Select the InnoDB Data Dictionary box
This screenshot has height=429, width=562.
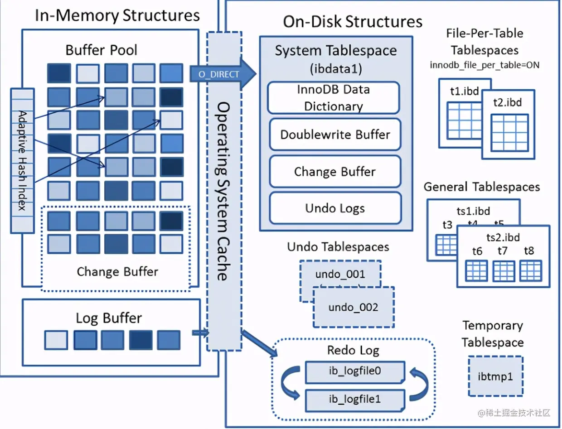(334, 97)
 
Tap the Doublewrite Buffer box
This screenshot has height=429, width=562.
(335, 135)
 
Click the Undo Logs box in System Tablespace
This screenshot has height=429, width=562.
(335, 208)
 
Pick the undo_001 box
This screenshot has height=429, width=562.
(340, 274)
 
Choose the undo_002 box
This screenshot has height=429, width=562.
(353, 307)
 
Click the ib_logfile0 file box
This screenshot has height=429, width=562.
(354, 371)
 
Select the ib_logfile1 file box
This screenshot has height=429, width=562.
(354, 399)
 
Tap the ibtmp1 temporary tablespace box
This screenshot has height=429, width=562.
(495, 376)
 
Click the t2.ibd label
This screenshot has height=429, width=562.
(508, 102)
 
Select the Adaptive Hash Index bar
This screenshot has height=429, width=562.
(22, 160)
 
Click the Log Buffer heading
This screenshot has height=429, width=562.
(109, 318)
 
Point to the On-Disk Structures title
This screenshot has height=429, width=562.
(353, 21)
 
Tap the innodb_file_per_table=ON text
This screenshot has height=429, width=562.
(484, 65)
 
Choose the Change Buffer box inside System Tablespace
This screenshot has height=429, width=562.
(335, 172)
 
